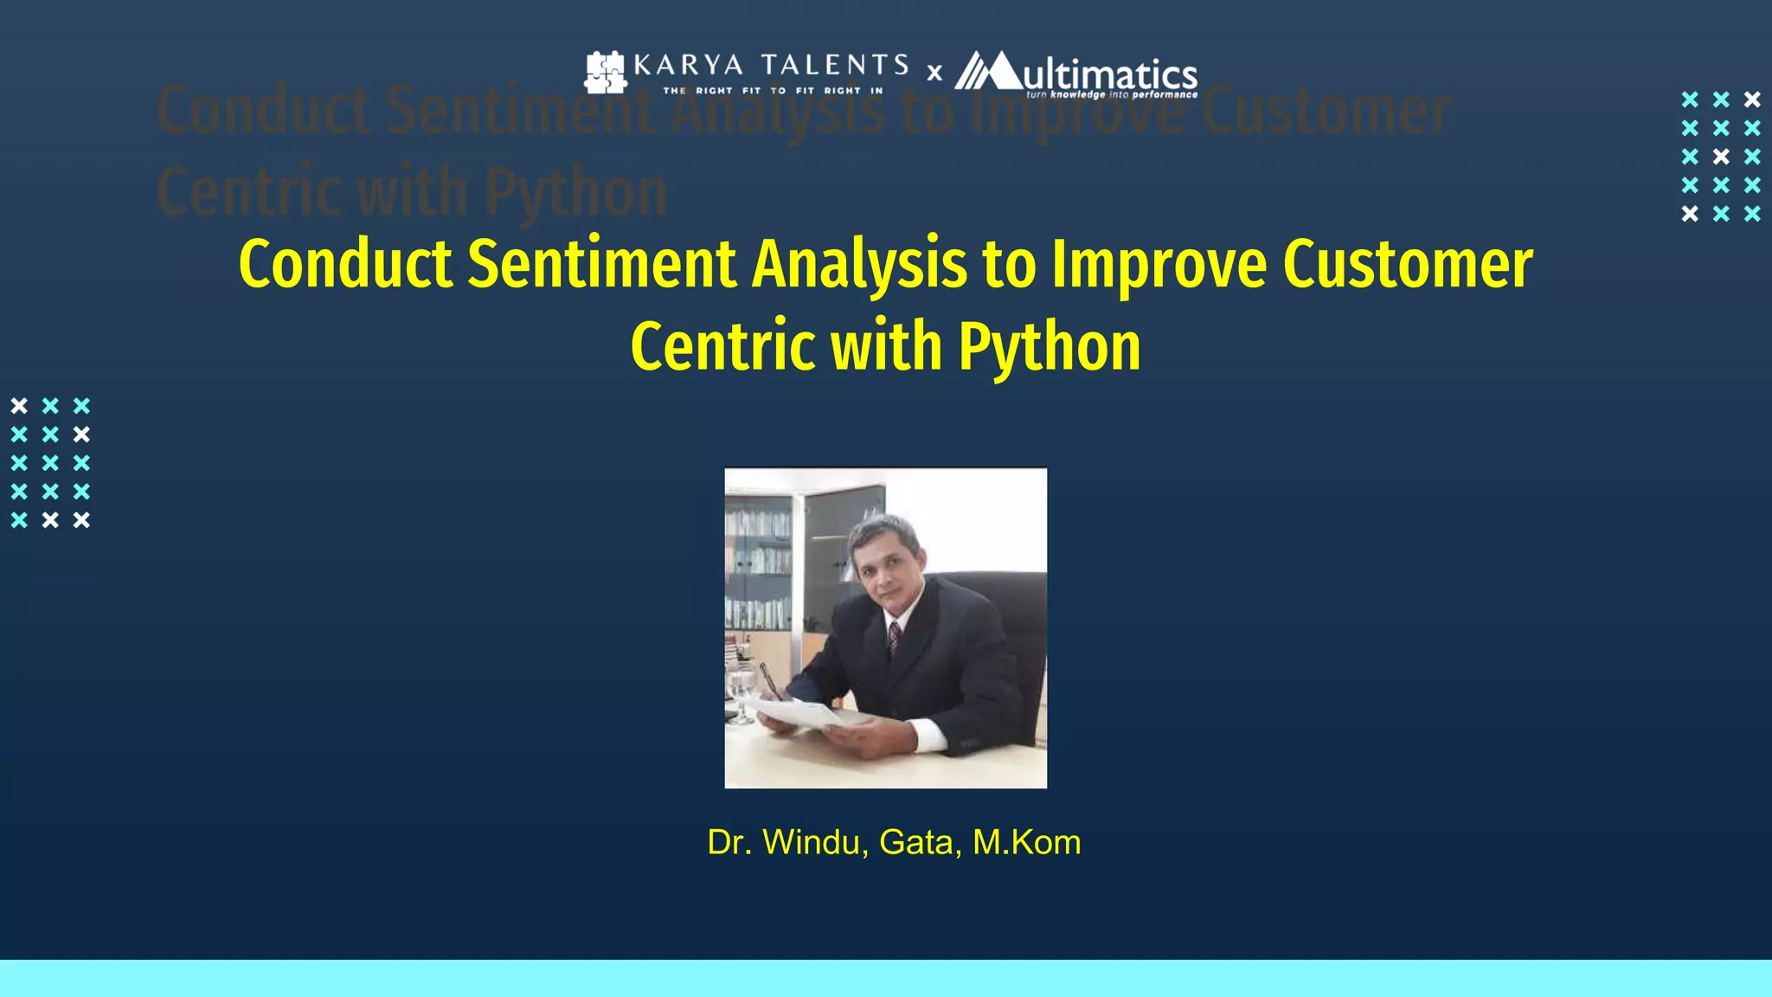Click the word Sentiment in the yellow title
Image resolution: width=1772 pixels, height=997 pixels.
600,264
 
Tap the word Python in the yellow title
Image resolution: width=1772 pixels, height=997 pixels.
1049,347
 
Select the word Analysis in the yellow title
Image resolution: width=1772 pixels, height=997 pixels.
858,264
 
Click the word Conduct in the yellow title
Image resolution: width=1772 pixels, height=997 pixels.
344,264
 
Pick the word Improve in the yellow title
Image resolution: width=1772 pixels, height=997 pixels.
1159,264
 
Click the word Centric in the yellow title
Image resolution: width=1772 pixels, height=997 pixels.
722,347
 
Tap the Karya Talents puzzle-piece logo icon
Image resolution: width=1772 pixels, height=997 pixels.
605,73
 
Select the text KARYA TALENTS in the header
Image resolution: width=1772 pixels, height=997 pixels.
771,65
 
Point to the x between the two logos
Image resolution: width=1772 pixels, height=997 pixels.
934,74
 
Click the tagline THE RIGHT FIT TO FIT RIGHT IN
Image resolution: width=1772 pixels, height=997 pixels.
773,90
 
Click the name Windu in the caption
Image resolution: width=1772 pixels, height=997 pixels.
815,842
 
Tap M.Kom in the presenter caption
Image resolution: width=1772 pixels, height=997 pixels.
1026,842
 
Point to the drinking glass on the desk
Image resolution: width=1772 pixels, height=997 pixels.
742,692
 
